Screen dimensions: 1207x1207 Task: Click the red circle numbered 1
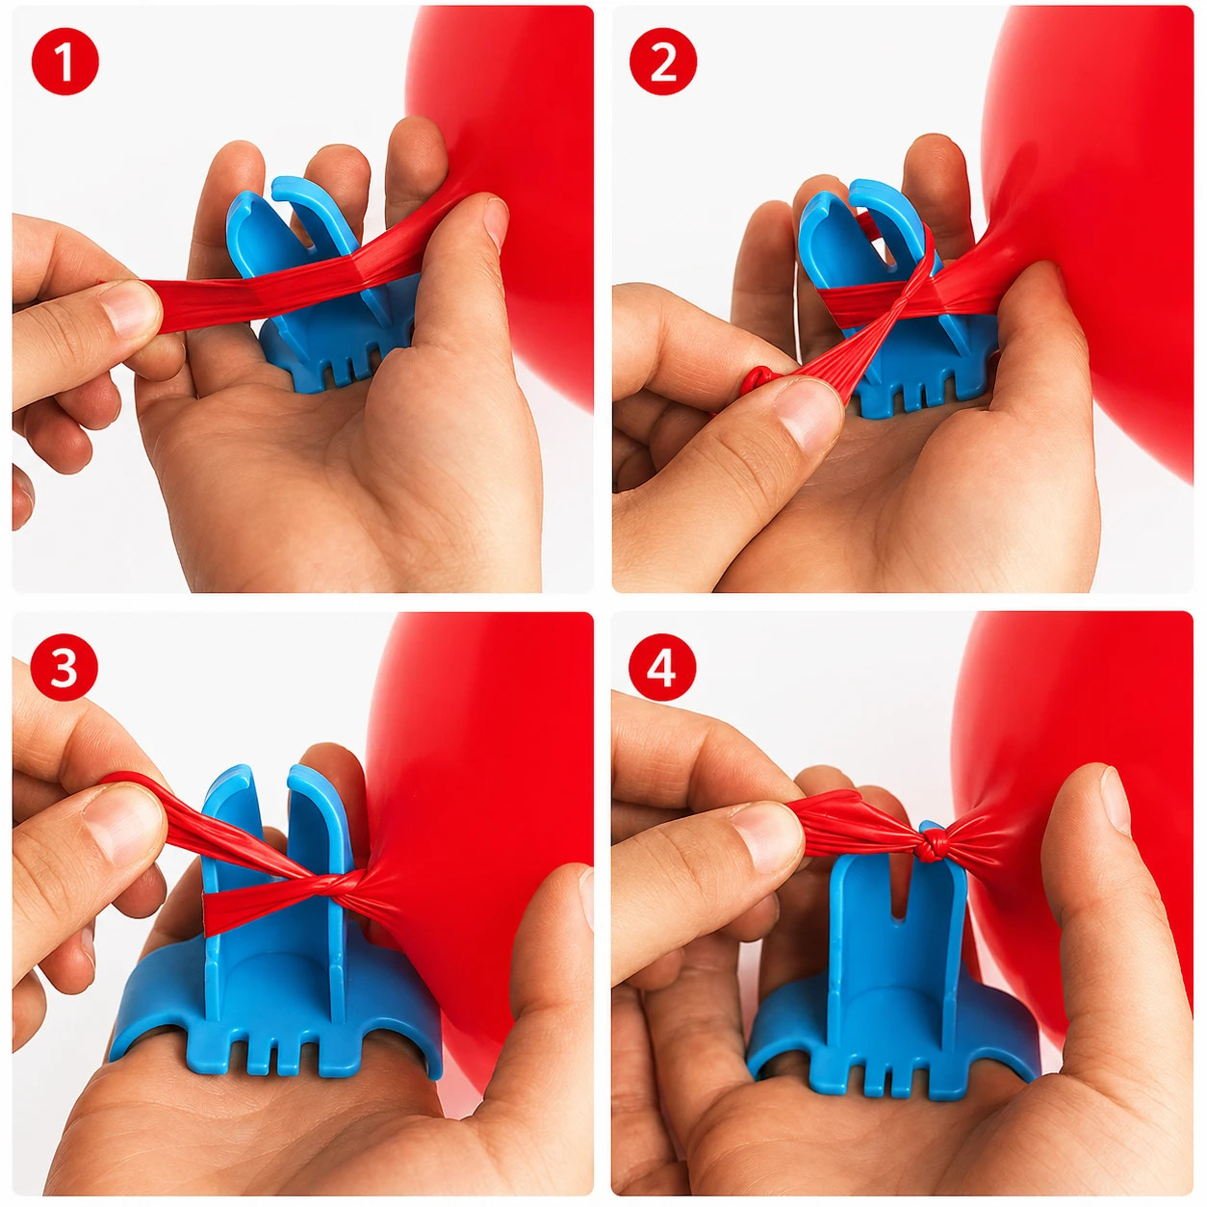(x=64, y=62)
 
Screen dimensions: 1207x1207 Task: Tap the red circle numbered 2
(x=663, y=62)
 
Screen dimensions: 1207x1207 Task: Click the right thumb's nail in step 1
(x=496, y=220)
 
